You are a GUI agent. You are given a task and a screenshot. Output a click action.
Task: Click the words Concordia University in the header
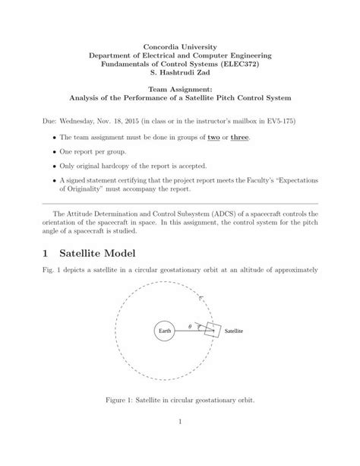point(179,48)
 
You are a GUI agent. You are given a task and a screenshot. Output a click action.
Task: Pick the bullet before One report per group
point(54,151)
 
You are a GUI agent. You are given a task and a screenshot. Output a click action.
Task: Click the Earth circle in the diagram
point(164,332)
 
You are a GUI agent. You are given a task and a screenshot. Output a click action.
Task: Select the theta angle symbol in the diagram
point(190,328)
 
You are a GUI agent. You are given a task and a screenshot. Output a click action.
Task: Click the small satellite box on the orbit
point(212,330)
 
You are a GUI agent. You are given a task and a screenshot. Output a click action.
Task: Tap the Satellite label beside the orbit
point(233,332)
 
